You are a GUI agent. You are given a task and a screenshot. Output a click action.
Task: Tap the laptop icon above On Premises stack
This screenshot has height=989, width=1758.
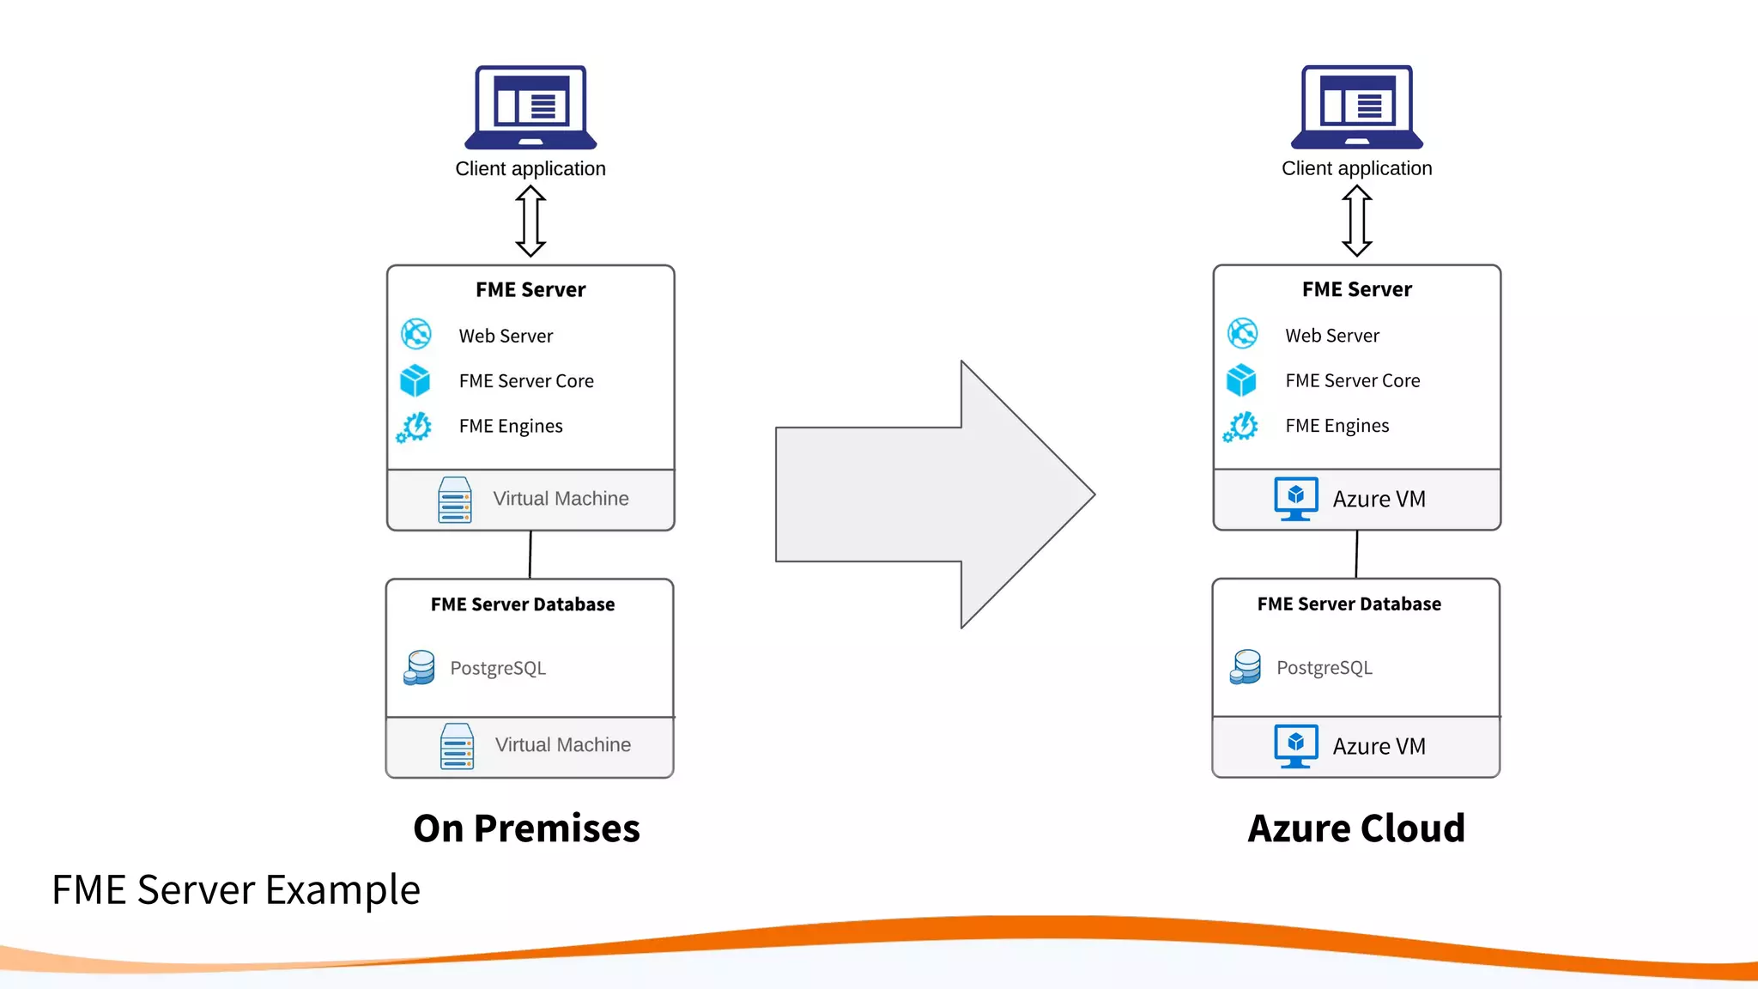[x=530, y=106]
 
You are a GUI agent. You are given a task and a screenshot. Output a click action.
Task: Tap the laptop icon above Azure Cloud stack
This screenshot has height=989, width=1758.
[x=1356, y=106]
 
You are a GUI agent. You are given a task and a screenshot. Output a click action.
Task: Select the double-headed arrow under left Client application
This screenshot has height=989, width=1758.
[x=530, y=221]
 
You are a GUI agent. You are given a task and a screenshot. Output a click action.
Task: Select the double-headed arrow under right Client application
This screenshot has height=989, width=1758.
[x=1356, y=221]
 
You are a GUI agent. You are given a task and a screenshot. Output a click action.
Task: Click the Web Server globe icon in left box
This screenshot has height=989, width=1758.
[x=416, y=334]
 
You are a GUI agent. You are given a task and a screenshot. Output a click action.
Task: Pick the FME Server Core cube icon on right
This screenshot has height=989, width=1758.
[x=1241, y=379]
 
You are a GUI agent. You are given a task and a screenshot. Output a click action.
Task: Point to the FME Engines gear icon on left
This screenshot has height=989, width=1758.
[x=415, y=426]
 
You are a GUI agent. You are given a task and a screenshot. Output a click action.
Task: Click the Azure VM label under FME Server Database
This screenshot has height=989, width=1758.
[x=1379, y=746]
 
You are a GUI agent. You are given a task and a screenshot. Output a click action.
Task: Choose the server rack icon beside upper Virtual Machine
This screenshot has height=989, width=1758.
[x=455, y=500]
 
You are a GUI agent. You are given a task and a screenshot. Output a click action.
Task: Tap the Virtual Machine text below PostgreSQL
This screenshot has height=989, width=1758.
[x=562, y=745]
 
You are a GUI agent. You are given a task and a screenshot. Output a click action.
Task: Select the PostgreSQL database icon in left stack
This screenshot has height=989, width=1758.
[x=419, y=667]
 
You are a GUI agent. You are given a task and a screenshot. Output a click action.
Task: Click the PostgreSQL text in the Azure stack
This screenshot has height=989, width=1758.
[x=1324, y=668]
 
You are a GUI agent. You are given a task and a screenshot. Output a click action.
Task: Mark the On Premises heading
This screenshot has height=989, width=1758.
[x=526, y=828]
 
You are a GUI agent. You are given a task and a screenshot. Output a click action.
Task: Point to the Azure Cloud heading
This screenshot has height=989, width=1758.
[x=1356, y=828]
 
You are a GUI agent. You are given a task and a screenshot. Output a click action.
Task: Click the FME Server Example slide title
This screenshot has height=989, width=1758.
[x=236, y=889]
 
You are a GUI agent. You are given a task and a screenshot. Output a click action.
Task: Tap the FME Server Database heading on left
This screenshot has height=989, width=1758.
[x=523, y=604]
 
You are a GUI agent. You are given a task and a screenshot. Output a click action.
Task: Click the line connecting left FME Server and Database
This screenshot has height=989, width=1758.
[x=530, y=555]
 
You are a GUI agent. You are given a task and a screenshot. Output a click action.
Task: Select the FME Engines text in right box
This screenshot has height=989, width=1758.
[x=1337, y=426]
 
